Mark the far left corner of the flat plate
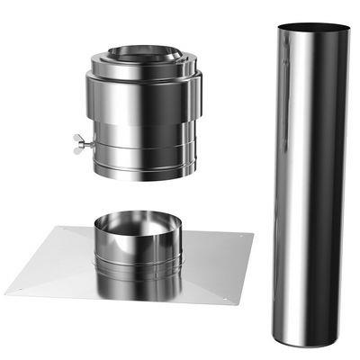pyautogui.click(x=5, y=292)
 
